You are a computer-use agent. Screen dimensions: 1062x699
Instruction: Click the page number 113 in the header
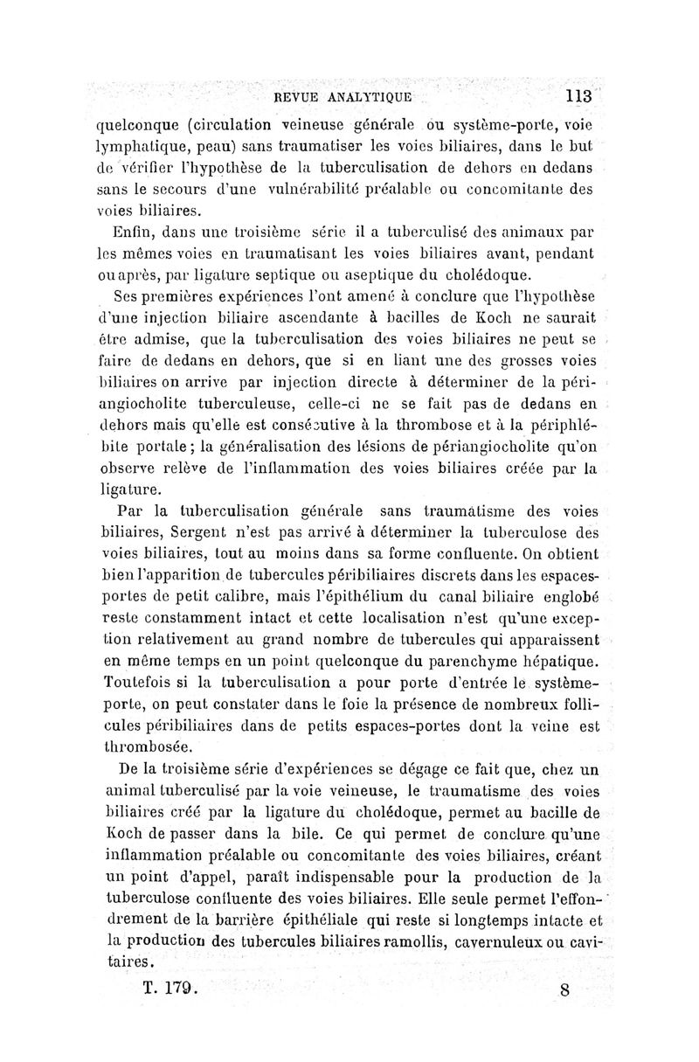578,95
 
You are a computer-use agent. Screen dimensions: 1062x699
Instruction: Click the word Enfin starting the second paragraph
131,233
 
